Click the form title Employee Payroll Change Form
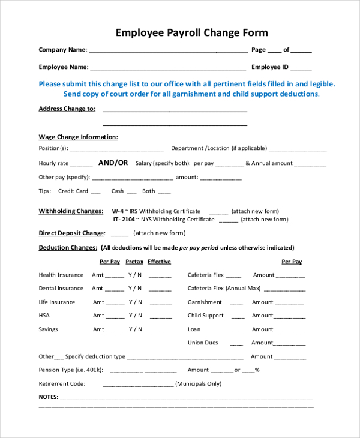191,32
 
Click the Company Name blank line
168,51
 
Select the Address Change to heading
67,109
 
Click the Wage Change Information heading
78,137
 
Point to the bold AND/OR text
113,163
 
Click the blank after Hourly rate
82,164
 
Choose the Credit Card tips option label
73,191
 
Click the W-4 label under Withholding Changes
118,211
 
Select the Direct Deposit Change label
71,233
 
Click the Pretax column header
134,262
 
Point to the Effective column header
159,262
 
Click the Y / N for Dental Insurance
135,289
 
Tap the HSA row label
44,316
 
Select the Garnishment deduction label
205,302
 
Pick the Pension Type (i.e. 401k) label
71,370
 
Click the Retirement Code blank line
137,385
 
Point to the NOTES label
48,397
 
